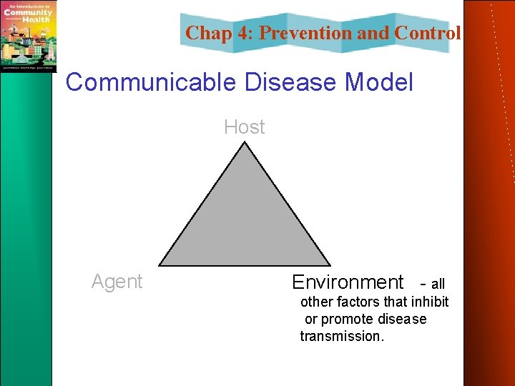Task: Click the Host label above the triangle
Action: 244,127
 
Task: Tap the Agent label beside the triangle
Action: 117,282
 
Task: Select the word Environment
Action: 348,282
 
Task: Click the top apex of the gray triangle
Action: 245,143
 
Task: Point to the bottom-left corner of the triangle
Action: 160,264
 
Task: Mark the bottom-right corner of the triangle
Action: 329,264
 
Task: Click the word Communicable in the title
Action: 150,82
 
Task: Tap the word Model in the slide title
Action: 379,82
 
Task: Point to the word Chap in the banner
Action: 207,33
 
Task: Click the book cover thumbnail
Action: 29,36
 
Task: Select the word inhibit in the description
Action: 429,302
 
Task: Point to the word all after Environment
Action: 438,284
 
